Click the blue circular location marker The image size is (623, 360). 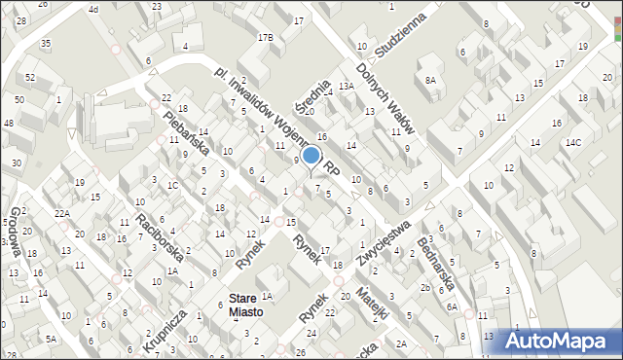tap(311, 155)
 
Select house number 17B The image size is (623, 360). tap(266, 37)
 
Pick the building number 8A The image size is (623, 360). tap(430, 81)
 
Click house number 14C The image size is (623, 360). tap(574, 143)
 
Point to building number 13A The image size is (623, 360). tap(346, 86)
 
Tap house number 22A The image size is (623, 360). tap(62, 213)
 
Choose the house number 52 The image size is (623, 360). tap(30, 77)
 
